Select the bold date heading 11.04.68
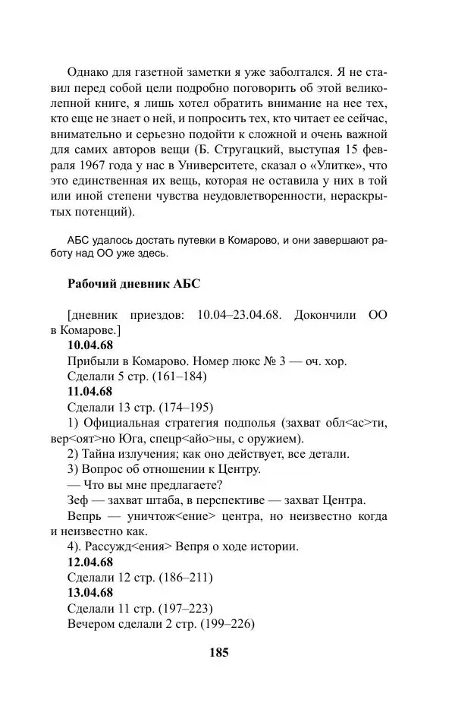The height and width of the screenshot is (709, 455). point(90,392)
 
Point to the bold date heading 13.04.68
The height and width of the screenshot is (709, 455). point(90,592)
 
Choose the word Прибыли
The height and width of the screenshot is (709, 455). point(92,361)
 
